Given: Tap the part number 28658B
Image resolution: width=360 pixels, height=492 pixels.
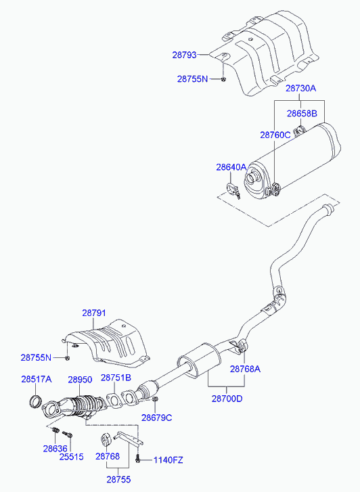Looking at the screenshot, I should (301, 114).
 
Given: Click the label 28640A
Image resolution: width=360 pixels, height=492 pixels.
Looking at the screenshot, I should (231, 166).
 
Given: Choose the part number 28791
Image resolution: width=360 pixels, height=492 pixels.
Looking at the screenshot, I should (95, 313).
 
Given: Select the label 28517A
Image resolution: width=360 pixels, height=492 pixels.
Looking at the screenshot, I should (36, 380).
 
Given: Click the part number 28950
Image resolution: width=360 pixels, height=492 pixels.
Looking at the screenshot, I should (79, 380).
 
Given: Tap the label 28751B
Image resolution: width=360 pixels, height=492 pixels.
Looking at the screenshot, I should (116, 378).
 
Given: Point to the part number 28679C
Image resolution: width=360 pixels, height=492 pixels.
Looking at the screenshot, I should (156, 418).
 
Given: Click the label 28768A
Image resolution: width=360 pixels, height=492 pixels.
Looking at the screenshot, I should (245, 369).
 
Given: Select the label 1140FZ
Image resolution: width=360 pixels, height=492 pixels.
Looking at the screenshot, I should (167, 460).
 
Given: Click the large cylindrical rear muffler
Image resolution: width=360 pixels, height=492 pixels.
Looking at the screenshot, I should (298, 159).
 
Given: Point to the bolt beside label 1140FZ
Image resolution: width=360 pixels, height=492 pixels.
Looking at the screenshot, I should (138, 460).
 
